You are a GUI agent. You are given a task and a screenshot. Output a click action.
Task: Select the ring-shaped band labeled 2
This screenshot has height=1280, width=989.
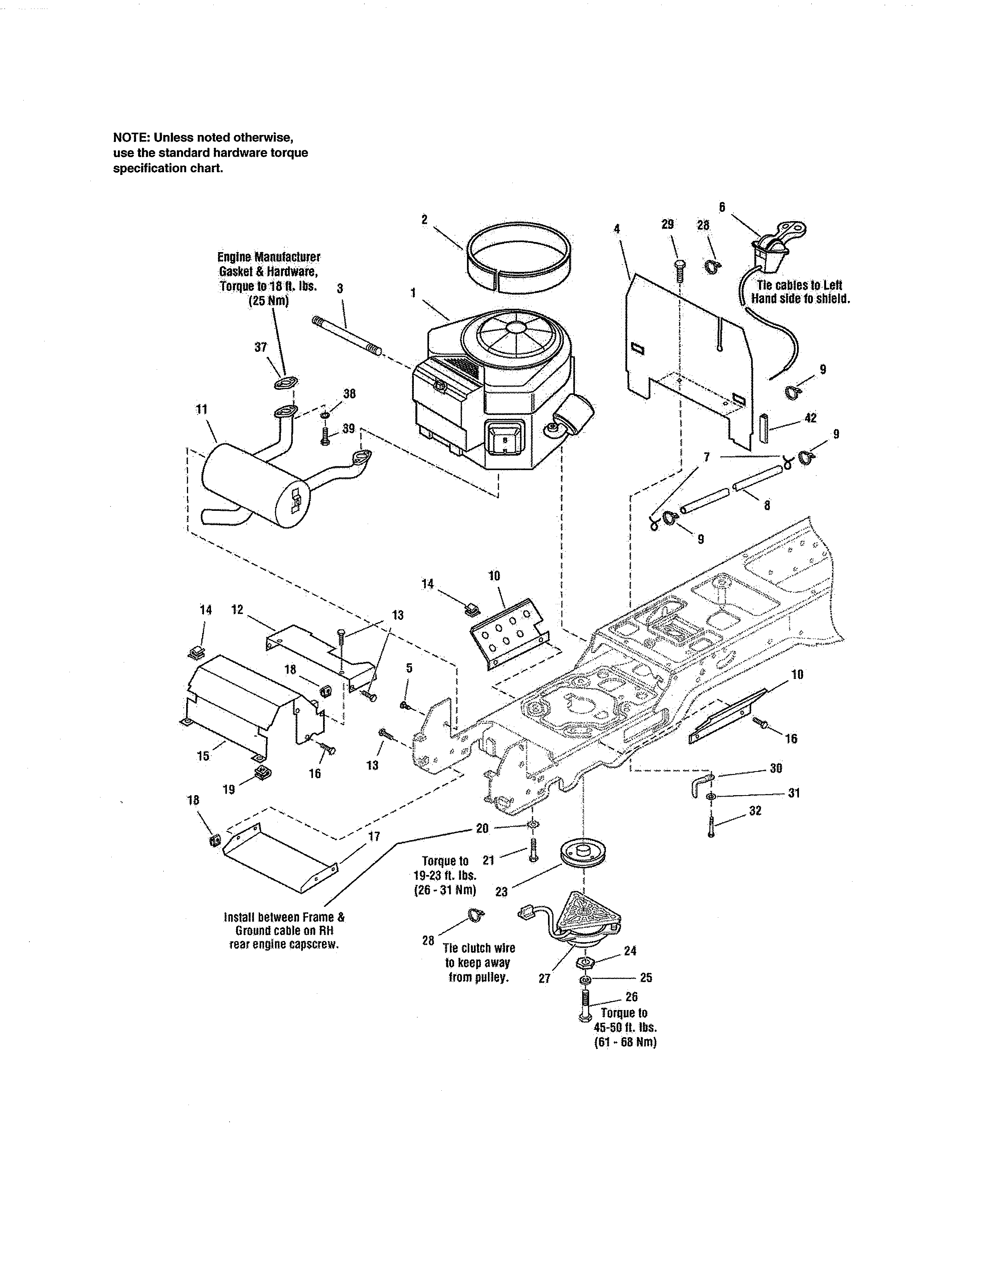519,258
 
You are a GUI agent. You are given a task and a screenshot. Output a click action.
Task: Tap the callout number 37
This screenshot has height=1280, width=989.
260,348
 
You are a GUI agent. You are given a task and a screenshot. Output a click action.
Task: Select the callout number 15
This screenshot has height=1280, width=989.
203,756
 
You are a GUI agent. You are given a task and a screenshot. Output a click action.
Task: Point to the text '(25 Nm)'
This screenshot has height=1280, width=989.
269,301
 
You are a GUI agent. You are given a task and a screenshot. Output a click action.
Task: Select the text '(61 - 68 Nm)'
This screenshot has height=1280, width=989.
625,1043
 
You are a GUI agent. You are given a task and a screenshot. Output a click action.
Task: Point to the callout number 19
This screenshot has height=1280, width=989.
228,789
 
